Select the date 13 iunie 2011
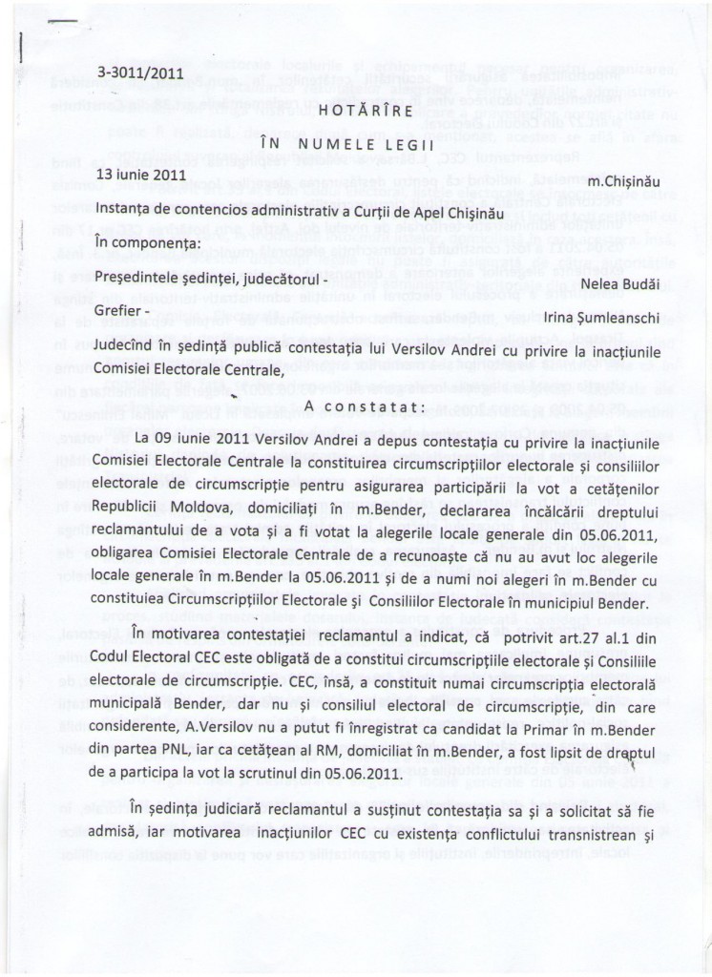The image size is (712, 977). [141, 175]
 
